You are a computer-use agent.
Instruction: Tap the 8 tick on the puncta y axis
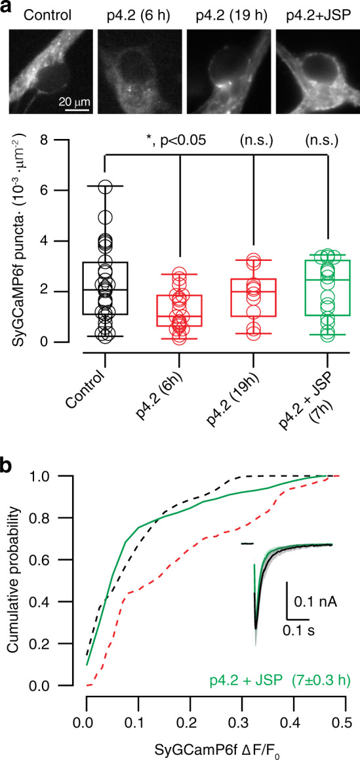(63, 140)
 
